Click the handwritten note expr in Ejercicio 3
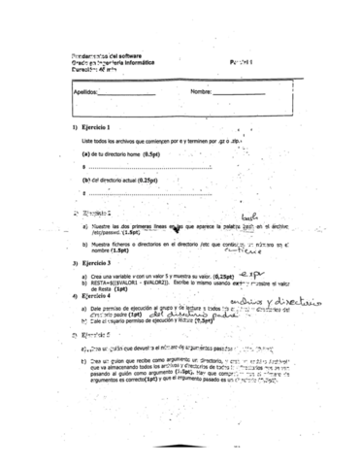click(x=251, y=274)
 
